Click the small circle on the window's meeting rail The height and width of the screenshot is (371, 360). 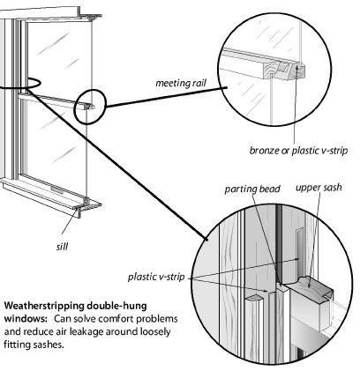90,107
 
